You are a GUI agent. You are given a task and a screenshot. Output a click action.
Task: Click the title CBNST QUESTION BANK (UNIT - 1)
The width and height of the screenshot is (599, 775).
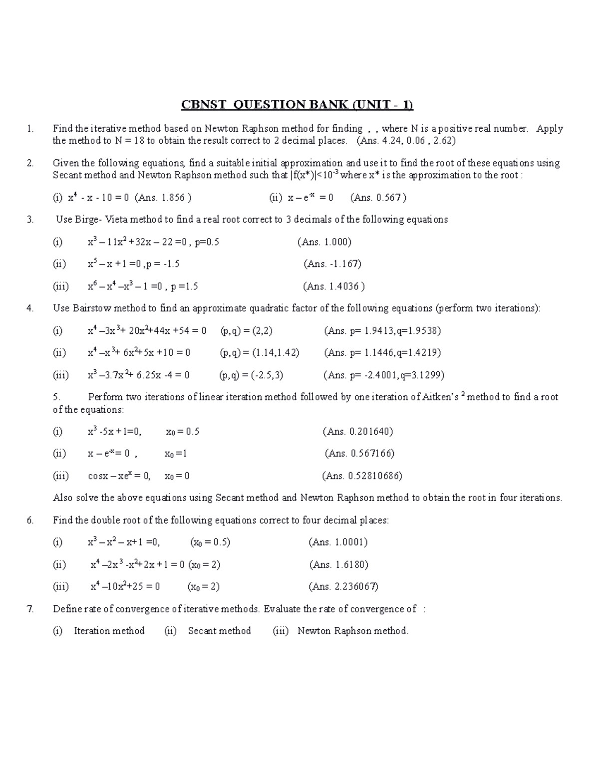click(x=297, y=105)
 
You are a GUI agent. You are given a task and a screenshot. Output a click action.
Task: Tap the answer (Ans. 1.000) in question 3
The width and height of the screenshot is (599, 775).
click(x=324, y=242)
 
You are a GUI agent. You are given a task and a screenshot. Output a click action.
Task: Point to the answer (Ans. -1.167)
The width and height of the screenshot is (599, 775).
click(x=332, y=264)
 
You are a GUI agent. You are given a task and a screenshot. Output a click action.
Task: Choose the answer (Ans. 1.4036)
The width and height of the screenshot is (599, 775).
click(x=333, y=286)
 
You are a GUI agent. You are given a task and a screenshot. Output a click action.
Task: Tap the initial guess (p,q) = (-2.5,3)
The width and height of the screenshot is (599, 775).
click(x=251, y=375)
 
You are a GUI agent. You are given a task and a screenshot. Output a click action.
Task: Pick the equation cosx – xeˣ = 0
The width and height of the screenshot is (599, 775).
click(x=119, y=476)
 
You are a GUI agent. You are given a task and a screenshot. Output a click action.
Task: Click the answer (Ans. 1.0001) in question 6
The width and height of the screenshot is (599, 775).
click(x=338, y=542)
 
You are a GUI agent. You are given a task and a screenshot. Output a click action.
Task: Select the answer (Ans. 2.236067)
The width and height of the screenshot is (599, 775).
click(x=343, y=586)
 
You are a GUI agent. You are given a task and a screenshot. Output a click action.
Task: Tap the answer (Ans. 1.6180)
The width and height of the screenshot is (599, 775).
click(x=338, y=564)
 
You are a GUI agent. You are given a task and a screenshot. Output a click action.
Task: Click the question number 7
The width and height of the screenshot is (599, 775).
click(x=30, y=609)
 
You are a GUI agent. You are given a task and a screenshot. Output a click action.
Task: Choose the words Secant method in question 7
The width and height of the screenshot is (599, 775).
click(x=219, y=631)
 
